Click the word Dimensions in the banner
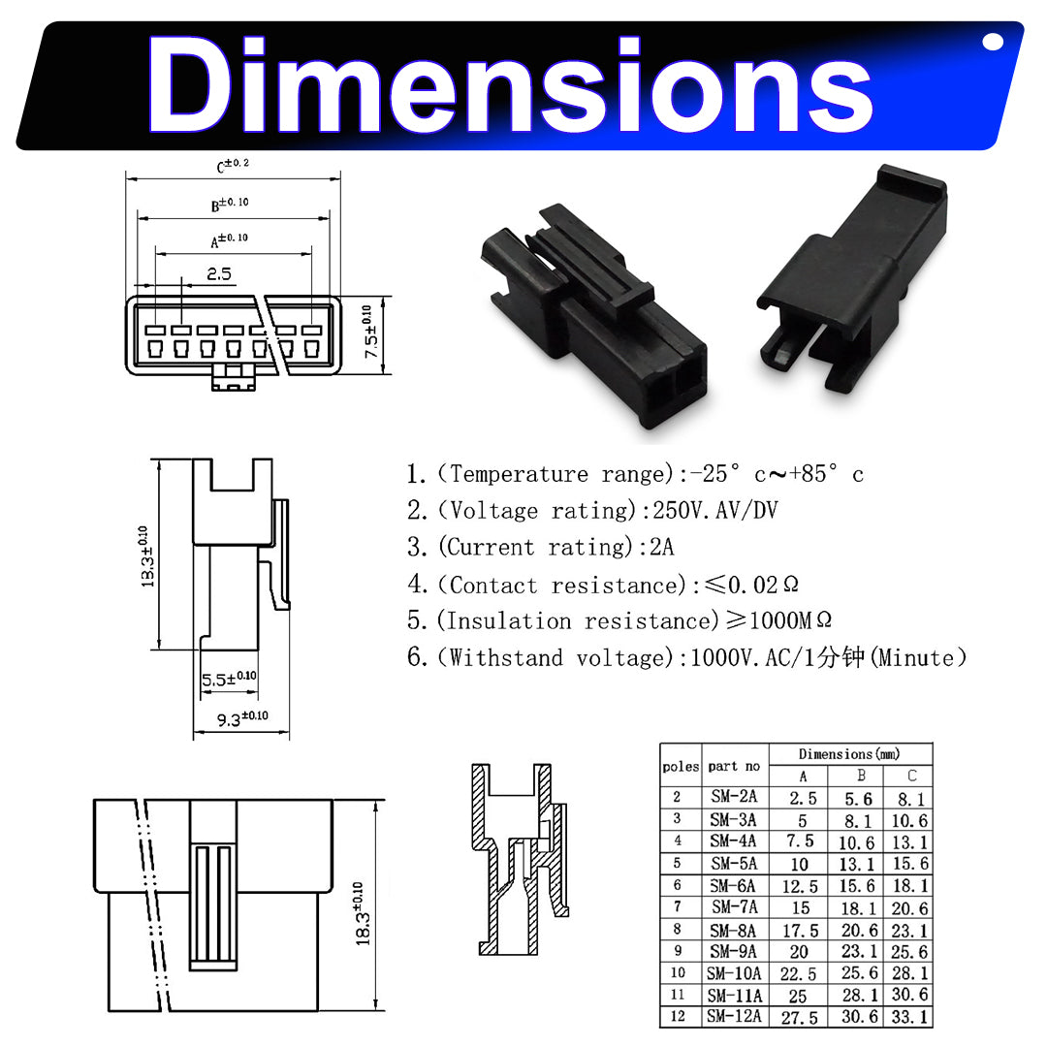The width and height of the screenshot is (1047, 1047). [510, 84]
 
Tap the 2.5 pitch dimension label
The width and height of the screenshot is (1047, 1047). [219, 273]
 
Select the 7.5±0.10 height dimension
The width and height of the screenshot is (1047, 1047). [370, 332]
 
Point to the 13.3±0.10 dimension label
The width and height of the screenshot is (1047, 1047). [147, 556]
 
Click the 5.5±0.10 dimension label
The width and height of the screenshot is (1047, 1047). [229, 679]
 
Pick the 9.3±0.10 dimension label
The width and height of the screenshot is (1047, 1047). [242, 718]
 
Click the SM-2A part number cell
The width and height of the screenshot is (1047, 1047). [734, 797]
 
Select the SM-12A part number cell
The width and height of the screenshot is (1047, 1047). [734, 1016]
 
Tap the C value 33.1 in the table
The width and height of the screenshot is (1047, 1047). [909, 1017]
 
